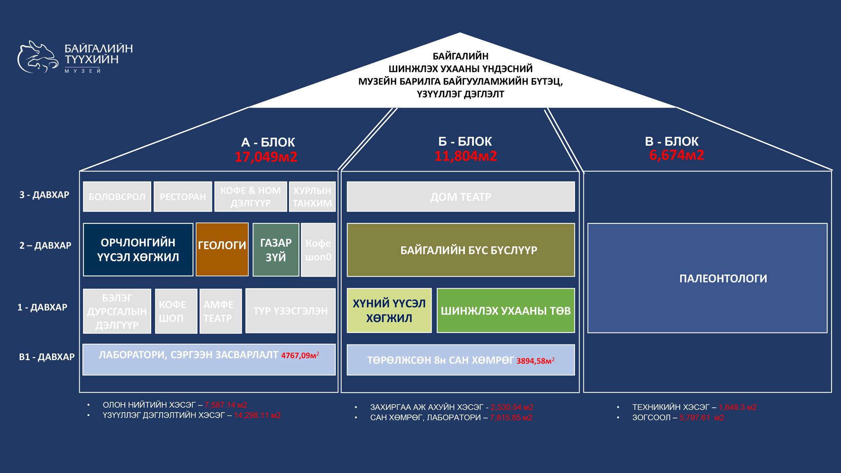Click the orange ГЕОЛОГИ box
(x=222, y=249)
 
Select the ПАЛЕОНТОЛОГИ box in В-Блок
(x=707, y=278)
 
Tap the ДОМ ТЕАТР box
(x=460, y=197)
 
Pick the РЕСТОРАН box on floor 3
(x=183, y=197)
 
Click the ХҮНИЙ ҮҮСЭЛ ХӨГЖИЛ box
(x=389, y=310)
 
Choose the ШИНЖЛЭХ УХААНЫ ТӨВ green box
(x=506, y=310)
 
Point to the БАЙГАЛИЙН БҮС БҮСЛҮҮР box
(x=460, y=250)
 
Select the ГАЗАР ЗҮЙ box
(x=276, y=250)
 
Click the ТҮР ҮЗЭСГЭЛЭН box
(x=290, y=311)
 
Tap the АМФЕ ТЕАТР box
(x=221, y=311)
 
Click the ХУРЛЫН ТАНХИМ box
(x=312, y=197)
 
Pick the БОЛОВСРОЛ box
(x=117, y=197)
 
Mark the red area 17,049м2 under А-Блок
(x=266, y=157)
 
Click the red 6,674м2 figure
(x=677, y=155)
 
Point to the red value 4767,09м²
(x=300, y=356)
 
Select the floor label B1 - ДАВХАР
(x=47, y=357)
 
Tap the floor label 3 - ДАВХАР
(x=44, y=195)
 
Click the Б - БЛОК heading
(x=465, y=141)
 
